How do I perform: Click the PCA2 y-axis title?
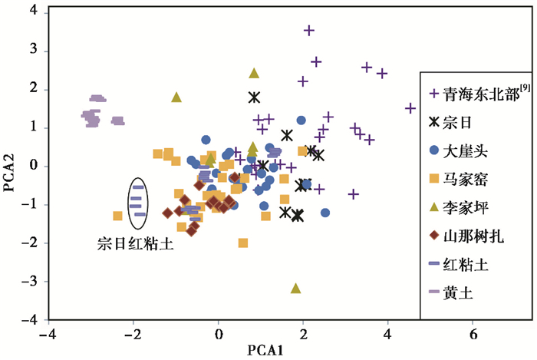click(10, 166)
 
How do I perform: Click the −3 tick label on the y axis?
click(30, 281)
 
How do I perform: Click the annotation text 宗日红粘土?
click(136, 244)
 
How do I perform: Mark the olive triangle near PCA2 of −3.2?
click(296, 289)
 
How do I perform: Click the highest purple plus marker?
click(309, 30)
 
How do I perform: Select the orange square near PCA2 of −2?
click(243, 243)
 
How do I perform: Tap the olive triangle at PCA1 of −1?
click(176, 97)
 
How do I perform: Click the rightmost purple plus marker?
click(411, 108)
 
